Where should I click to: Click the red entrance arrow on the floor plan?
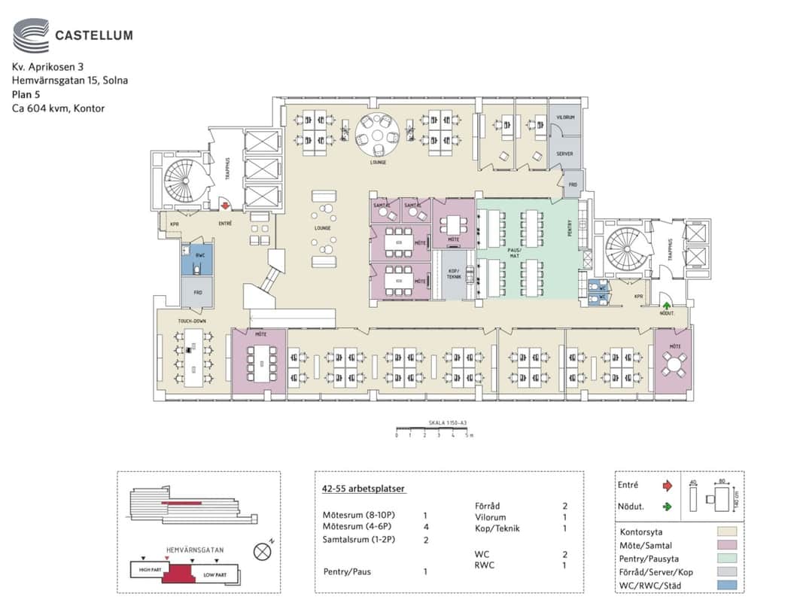coord(224,204)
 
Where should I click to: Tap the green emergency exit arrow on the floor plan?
coord(666,305)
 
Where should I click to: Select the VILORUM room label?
coord(565,117)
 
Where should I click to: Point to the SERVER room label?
coord(564,154)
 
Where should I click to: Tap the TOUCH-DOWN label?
coord(192,321)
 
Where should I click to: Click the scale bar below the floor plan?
coord(433,429)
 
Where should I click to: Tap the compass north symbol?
coord(263,552)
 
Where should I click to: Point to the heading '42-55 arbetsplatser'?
coord(363,489)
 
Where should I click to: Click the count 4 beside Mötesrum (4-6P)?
coord(425,528)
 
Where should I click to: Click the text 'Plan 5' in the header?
coord(26,94)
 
